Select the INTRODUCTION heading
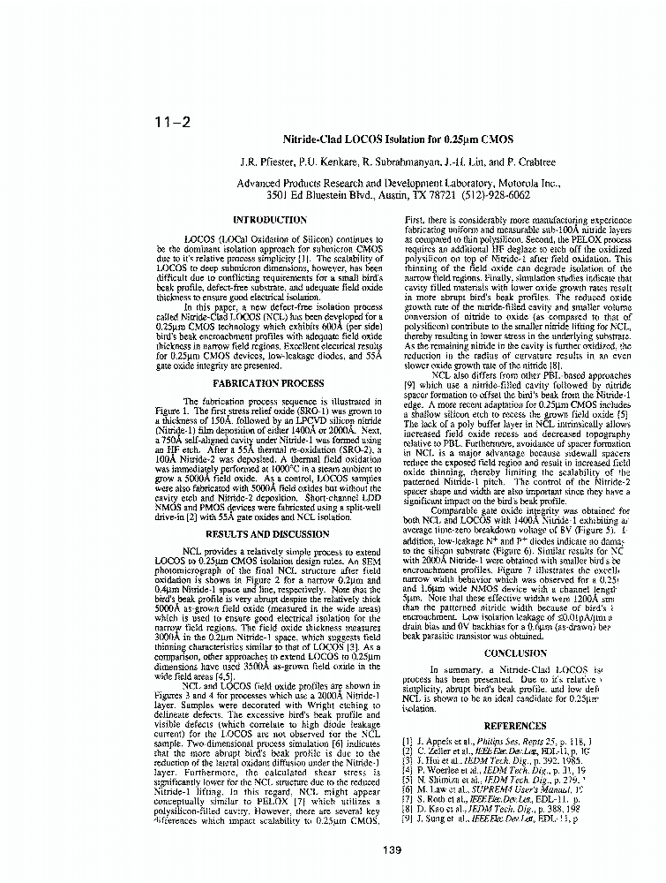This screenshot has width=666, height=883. coord(269,220)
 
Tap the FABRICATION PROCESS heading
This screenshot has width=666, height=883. coord(270,384)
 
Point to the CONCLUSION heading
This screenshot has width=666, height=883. coord(516,653)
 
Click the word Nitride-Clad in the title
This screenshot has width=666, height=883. coord(311,140)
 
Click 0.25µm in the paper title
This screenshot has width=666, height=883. coord(467,140)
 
